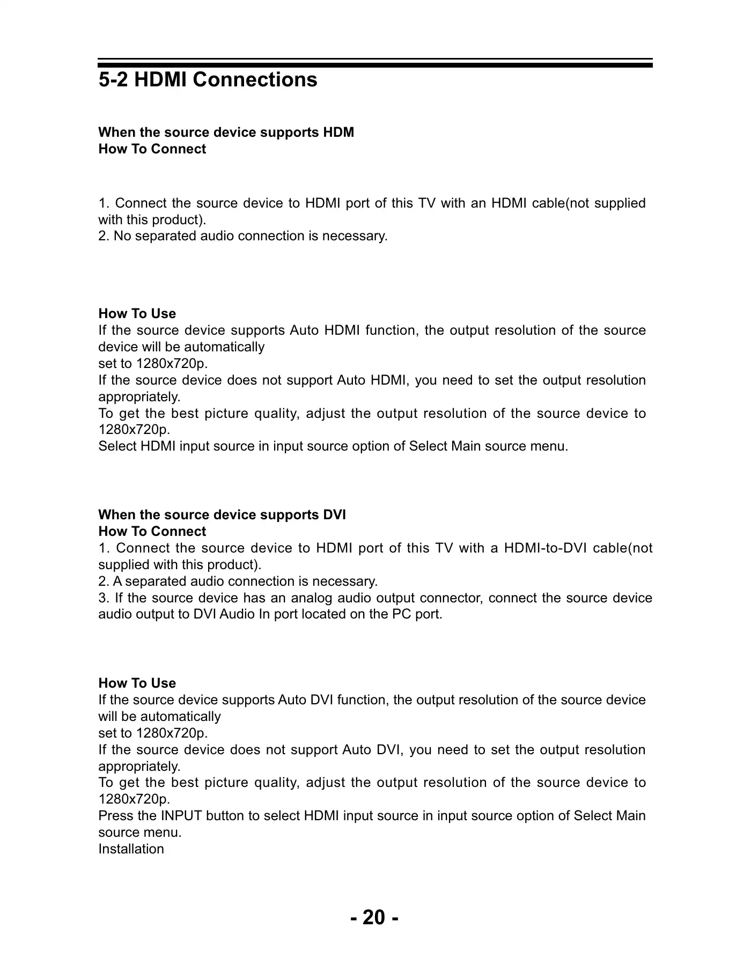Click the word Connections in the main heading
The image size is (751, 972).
pyautogui.click(x=255, y=80)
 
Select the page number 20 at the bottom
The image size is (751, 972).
pyautogui.click(x=374, y=917)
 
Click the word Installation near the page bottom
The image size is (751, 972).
pyautogui.click(x=131, y=849)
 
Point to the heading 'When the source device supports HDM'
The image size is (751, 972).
pyautogui.click(x=226, y=132)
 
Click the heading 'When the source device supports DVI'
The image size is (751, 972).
pyautogui.click(x=222, y=515)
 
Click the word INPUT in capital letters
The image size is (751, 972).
pyautogui.click(x=181, y=816)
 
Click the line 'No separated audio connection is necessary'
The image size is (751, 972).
pyautogui.click(x=242, y=236)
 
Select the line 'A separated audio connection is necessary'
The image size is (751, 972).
pyautogui.click(x=238, y=581)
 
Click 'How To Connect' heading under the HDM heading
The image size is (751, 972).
pyautogui.click(x=152, y=149)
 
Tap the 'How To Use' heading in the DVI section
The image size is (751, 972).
pyautogui.click(x=137, y=683)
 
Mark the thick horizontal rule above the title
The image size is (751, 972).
pyautogui.click(x=375, y=65)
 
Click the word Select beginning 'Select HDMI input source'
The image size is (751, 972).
pyautogui.click(x=117, y=446)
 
